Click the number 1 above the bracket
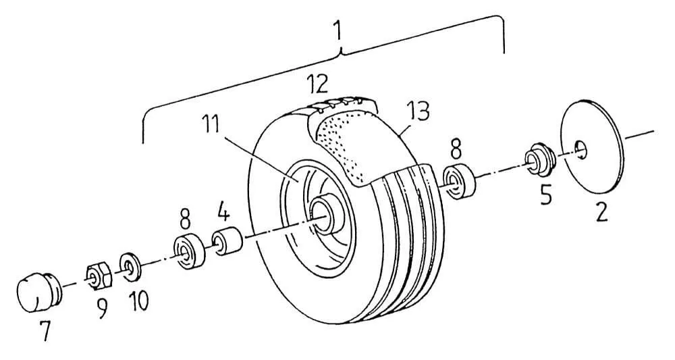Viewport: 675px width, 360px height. [338, 30]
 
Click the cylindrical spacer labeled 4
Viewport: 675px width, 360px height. [226, 241]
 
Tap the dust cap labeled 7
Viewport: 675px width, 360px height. [38, 291]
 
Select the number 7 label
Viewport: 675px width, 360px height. [45, 330]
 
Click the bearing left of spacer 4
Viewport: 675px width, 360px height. [189, 253]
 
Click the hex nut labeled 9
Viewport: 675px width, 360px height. [99, 276]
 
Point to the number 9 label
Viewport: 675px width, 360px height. [103, 308]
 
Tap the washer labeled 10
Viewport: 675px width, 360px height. [130, 267]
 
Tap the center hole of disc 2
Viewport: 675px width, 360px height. [581, 149]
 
